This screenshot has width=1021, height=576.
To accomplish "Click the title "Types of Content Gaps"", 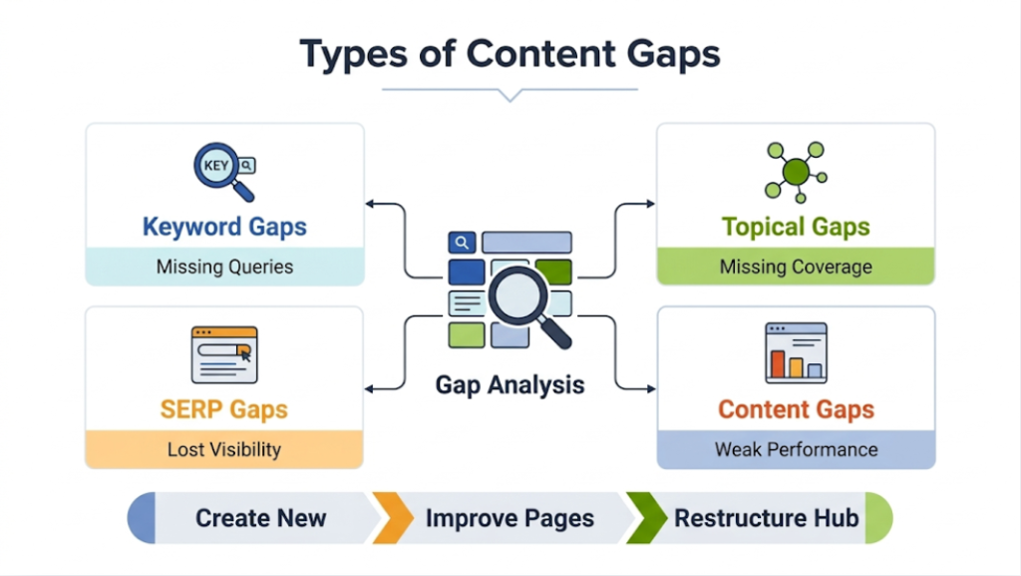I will point(510,53).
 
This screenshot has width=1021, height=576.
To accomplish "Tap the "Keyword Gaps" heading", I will point(224,227).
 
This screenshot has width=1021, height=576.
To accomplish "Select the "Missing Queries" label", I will point(224,267).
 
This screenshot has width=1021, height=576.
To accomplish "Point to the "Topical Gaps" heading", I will point(796,227).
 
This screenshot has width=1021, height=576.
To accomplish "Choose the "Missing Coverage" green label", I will point(796,267).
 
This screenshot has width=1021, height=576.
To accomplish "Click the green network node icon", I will point(795,172).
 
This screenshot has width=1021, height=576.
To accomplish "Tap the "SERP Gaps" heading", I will point(224,409).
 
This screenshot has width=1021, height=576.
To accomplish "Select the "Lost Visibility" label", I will point(224,449).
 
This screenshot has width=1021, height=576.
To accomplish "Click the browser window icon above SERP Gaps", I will point(224,354).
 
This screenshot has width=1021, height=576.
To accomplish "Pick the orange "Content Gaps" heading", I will point(796,409).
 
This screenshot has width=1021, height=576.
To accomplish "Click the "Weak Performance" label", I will point(796,449).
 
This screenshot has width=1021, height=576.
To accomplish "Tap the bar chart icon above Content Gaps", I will point(796,352).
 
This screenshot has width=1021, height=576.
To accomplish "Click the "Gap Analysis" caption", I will point(510,384).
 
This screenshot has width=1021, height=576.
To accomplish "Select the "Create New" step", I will point(260,518).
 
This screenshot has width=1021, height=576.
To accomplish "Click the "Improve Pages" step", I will point(510,518).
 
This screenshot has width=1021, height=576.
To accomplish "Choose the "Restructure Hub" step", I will point(766,518).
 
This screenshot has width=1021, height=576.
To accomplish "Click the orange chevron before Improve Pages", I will point(391,518).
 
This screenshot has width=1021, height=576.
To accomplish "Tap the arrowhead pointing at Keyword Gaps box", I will point(370,204).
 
